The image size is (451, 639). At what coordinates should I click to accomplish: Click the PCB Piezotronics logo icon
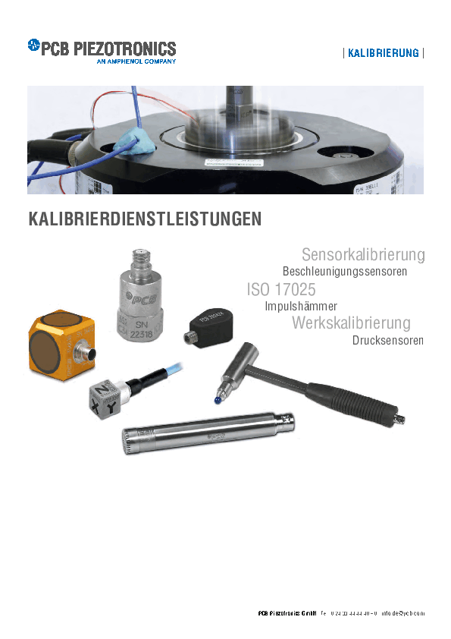tap(33, 46)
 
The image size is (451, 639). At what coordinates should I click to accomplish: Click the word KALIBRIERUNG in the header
tap(383, 53)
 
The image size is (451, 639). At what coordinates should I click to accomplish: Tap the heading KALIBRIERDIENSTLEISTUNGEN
tap(144, 220)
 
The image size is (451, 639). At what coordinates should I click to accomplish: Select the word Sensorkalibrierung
tap(362, 254)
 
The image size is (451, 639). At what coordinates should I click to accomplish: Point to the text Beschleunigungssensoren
tap(344, 271)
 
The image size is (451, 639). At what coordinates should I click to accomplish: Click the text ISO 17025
tap(280, 289)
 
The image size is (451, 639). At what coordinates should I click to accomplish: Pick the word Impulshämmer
tap(301, 307)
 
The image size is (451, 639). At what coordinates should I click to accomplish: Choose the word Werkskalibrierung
tap(351, 323)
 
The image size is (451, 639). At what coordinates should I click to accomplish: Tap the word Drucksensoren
tap(386, 340)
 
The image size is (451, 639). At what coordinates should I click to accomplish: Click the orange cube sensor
tap(58, 343)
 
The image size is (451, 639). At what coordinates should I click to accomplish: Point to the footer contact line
tap(341, 613)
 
